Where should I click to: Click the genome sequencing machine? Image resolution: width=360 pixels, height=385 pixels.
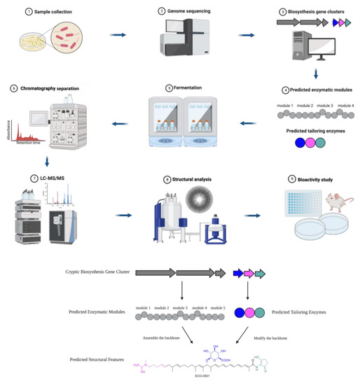coord(179,40)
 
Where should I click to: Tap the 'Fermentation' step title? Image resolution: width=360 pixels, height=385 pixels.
coord(184,88)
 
